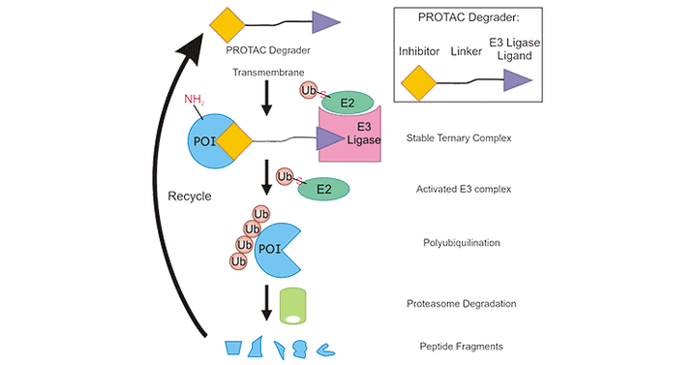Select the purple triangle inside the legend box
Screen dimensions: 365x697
pos(515,84)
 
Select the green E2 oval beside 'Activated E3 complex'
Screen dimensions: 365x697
pos(324,190)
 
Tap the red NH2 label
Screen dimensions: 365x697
pos(197,98)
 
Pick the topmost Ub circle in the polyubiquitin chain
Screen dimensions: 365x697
pos(259,214)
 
